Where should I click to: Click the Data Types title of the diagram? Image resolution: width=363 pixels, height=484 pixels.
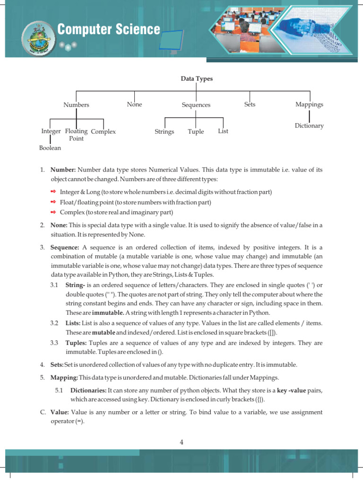coord(197,79)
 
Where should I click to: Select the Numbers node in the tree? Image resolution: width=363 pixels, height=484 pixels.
coord(77,105)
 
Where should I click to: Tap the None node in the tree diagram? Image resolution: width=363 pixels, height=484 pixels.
coord(134,104)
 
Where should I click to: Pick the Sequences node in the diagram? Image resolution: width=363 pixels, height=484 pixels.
coord(196,105)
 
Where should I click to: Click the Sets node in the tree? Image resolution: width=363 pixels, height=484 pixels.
coord(250,104)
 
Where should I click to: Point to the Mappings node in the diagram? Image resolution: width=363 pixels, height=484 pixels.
coord(309,104)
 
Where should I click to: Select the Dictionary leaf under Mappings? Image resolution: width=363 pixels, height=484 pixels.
coord(309,126)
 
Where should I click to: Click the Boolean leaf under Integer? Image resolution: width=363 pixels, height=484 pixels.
coord(50,148)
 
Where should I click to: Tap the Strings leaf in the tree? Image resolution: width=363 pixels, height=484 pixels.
coord(164,131)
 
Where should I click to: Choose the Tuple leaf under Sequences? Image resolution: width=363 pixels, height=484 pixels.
coord(196,131)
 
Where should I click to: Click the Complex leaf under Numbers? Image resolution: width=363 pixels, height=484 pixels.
coord(103,131)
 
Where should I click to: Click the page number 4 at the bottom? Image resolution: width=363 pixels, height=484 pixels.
coord(181,442)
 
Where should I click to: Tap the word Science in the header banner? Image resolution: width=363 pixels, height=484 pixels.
coord(137,30)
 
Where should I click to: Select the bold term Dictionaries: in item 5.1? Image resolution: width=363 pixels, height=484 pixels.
coord(88,390)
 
